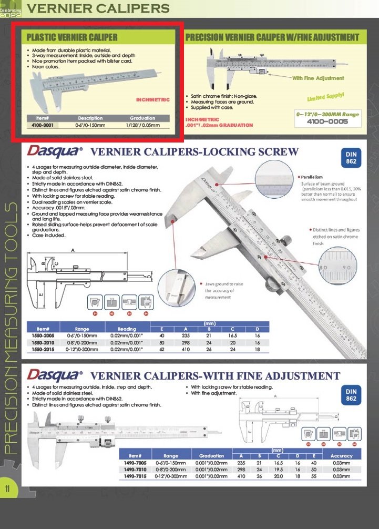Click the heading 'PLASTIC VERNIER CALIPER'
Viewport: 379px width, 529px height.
click(72, 37)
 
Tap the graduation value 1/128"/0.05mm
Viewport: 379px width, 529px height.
click(142, 126)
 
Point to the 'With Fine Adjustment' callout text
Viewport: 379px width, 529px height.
click(318, 78)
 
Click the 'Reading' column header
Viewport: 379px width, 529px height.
click(126, 329)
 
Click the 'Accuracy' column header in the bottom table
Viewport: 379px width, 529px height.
click(341, 455)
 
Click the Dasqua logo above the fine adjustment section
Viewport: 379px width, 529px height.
click(55, 375)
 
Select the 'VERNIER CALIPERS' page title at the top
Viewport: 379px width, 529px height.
click(98, 9)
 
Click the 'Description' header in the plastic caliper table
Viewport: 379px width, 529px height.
click(90, 118)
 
